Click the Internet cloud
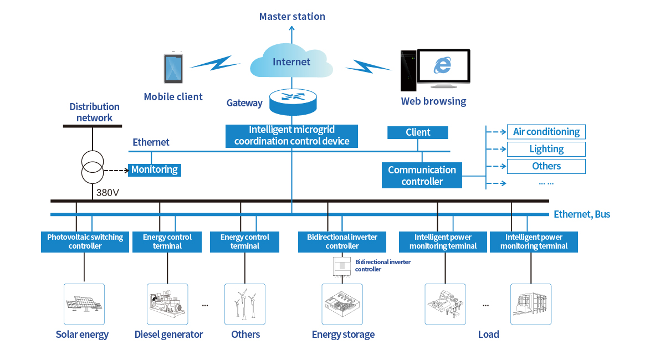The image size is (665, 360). [291, 61]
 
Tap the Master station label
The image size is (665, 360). [292, 17]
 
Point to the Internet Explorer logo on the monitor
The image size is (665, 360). [442, 66]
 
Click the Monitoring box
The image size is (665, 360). [155, 169]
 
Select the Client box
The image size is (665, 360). [418, 132]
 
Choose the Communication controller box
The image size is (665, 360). [422, 176]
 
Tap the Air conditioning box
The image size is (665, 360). [546, 132]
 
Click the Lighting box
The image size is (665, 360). [546, 149]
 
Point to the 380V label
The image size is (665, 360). [108, 193]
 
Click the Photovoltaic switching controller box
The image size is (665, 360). [85, 241]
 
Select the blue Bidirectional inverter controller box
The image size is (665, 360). [342, 241]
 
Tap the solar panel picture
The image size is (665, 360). [84, 304]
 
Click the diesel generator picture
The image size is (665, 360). [167, 304]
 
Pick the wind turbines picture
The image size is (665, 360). [244, 304]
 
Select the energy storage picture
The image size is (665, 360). [342, 304]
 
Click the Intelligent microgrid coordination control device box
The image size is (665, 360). [291, 136]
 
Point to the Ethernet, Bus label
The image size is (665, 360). [582, 214]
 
